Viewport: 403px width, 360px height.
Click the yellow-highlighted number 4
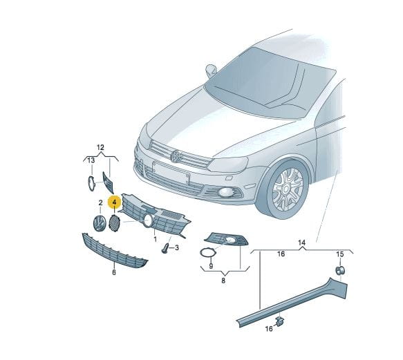point(114,202)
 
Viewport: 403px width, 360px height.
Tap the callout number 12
point(100,147)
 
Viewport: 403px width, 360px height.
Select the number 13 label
point(91,160)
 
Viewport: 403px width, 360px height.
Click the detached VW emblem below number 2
point(100,223)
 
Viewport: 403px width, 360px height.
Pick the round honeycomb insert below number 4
point(114,223)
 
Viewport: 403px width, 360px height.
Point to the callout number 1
point(155,239)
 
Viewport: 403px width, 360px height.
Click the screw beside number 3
point(165,247)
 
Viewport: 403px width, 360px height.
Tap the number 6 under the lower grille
point(114,272)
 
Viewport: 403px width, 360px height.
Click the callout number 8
point(223,281)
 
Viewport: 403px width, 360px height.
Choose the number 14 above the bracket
point(302,243)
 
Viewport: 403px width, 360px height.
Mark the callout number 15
point(340,254)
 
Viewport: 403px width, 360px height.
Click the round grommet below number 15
point(340,271)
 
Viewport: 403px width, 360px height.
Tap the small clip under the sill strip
point(279,321)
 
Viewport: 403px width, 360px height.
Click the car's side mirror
point(211,70)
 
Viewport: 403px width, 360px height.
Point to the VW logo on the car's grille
point(176,156)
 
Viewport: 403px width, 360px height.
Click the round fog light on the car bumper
point(225,192)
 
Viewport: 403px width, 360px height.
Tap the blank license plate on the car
point(171,172)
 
